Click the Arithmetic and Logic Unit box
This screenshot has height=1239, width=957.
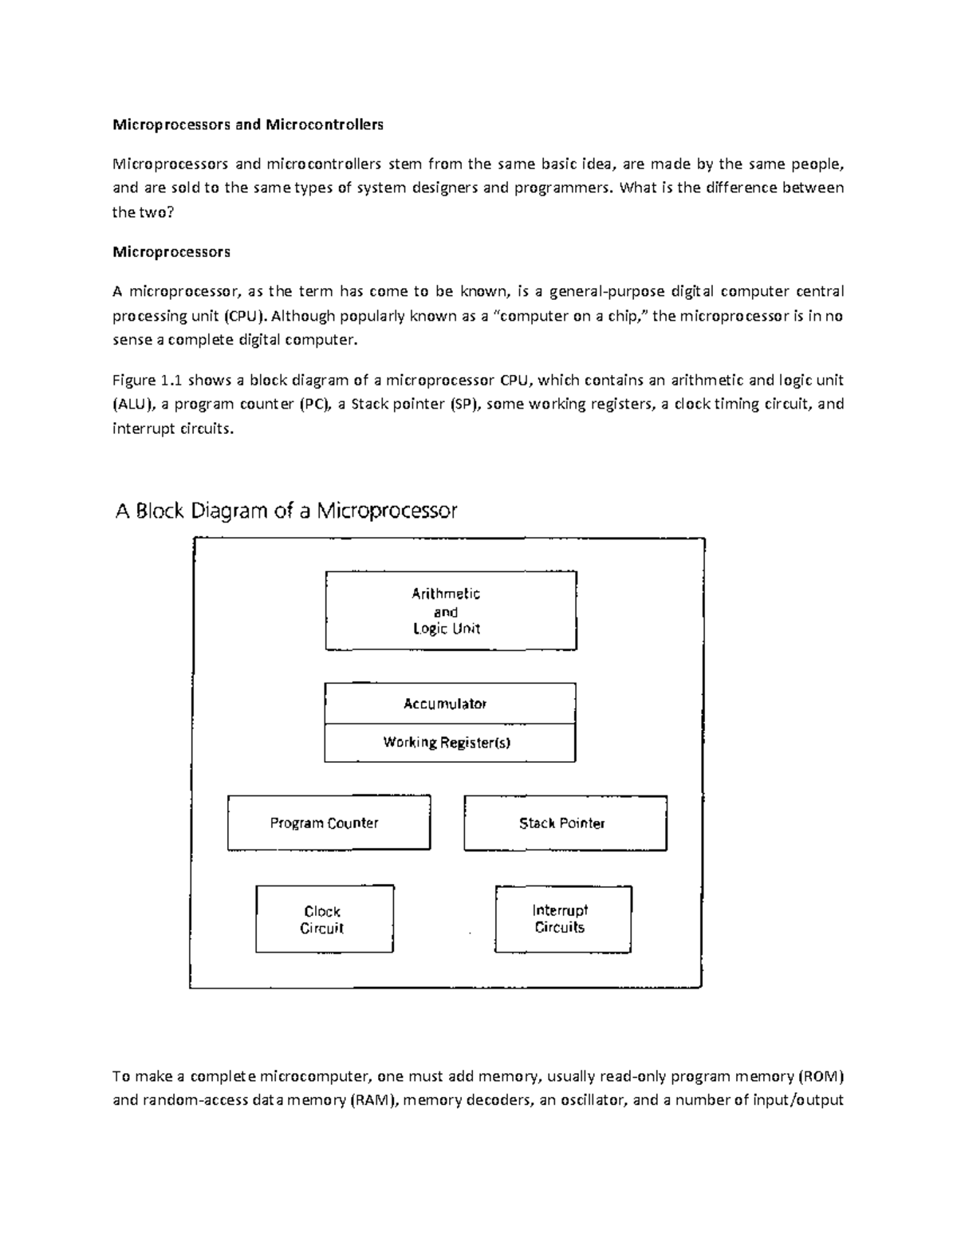click(451, 610)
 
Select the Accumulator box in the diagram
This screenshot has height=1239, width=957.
click(450, 704)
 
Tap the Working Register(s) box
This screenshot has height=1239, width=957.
click(450, 743)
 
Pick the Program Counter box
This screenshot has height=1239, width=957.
click(329, 823)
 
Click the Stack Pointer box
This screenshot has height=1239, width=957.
click(565, 823)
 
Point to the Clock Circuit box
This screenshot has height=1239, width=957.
click(324, 919)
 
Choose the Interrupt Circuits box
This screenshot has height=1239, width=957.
click(563, 918)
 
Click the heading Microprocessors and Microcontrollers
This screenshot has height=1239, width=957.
click(247, 124)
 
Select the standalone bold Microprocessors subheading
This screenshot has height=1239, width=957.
click(171, 252)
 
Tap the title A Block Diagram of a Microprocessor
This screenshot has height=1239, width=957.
click(286, 511)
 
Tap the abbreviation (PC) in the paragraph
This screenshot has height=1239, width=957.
click(313, 404)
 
